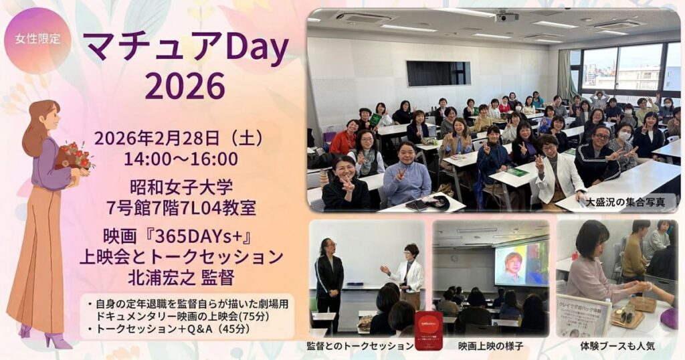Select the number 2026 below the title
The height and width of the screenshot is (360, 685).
coord(185,86)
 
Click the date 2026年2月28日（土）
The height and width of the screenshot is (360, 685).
coord(179,139)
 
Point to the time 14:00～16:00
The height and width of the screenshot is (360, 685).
coord(181,159)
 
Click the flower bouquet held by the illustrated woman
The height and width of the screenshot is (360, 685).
coord(74,156)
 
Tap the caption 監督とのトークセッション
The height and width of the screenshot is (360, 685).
coord(360,347)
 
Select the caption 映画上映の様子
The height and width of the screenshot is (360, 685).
coord(490,347)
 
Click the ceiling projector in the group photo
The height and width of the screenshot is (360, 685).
coord(507,15)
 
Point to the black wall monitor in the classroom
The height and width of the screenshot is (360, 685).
coord(437,73)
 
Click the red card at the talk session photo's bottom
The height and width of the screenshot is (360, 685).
coord(428,331)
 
